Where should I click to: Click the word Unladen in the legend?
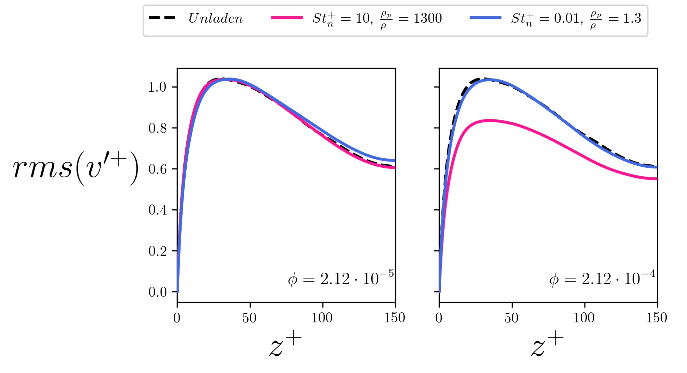(x=216, y=18)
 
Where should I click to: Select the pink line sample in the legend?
(x=287, y=18)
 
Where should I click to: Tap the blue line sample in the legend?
(x=485, y=18)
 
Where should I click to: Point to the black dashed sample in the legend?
(x=162, y=18)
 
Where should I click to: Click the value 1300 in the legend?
(x=427, y=18)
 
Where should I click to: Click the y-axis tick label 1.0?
(x=157, y=87)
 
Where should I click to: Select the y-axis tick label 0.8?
(x=157, y=128)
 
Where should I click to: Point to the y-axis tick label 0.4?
(x=157, y=210)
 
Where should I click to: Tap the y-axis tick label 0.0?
(x=157, y=292)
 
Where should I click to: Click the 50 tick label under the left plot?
(x=249, y=318)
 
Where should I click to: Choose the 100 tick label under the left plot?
(x=322, y=318)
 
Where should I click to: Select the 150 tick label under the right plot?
(x=656, y=318)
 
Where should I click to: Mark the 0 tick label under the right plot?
(x=439, y=318)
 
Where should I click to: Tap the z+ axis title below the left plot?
(x=285, y=344)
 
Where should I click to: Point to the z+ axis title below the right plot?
(x=547, y=344)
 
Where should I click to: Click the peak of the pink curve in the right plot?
(x=489, y=121)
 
